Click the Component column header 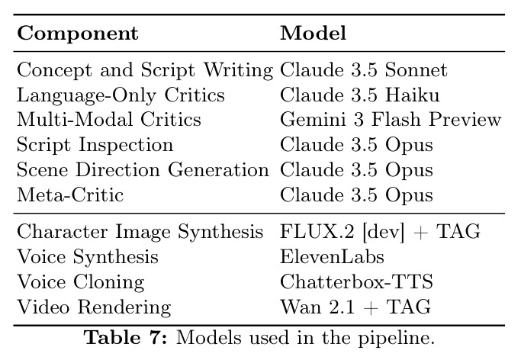pos(78,34)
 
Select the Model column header pos(314,33)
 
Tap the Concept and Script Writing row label pos(145,70)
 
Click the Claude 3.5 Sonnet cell pos(364,70)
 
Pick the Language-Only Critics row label pos(121,95)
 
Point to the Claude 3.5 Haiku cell pos(360,95)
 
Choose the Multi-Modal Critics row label pos(109,120)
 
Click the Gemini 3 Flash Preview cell pos(391,120)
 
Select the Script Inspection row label pos(95,145)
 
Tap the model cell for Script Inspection pos(356,145)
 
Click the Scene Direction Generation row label pos(143,170)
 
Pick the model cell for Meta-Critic pos(356,195)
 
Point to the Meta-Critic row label pos(70,194)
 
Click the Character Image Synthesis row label pos(140,232)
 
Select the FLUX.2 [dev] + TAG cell pos(380,232)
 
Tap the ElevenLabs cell pos(332,257)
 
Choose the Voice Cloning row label pos(81,282)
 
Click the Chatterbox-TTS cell pos(356,281)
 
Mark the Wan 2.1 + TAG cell pos(355,307)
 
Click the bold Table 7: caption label pos(127,338)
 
